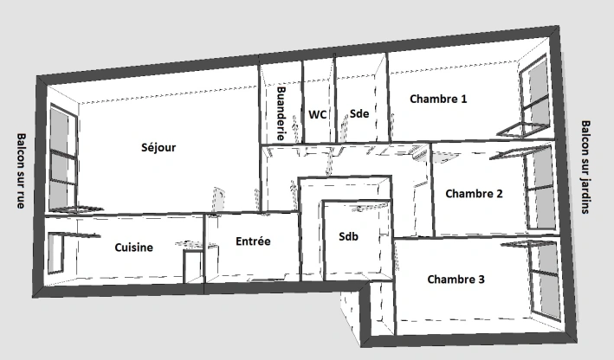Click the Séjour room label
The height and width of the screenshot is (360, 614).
click(158, 147)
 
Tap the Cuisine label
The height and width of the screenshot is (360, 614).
click(133, 247)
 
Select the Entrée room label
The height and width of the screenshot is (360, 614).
click(253, 241)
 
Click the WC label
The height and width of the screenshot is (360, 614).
click(318, 113)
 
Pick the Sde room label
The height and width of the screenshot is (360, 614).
click(359, 113)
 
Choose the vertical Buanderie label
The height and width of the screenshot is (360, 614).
click(281, 113)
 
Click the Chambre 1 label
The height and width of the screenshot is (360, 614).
click(438, 100)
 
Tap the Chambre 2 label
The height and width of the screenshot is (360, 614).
click(474, 194)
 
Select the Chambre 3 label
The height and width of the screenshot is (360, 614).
click(456, 280)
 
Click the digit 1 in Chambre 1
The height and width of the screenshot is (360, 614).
click(463, 100)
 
